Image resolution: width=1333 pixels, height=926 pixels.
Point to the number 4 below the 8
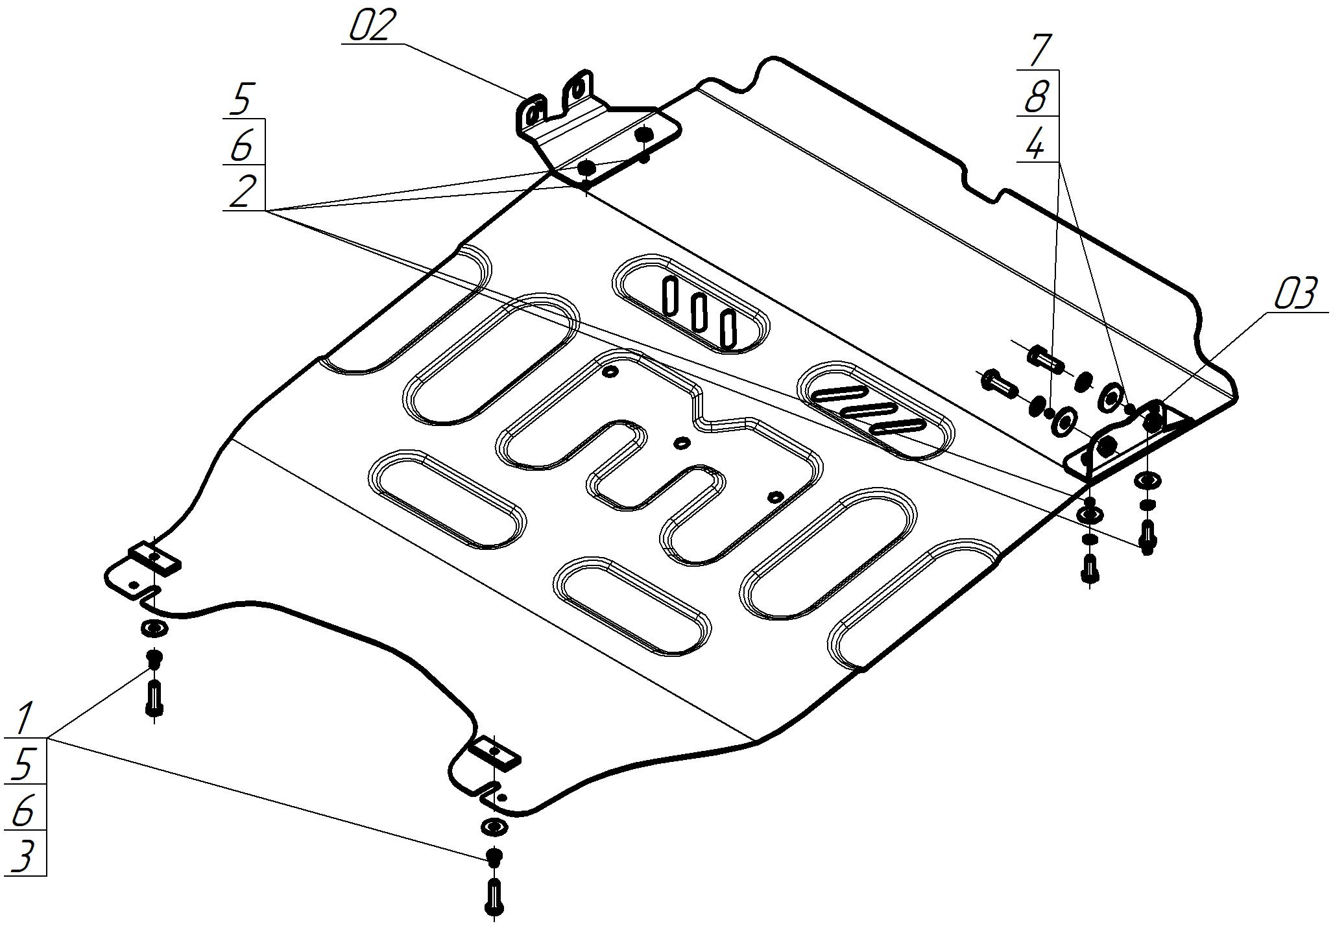[x=1036, y=143]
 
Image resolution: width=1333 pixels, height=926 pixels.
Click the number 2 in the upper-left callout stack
[x=242, y=191]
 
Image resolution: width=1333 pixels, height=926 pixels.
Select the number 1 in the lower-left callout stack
[x=25, y=718]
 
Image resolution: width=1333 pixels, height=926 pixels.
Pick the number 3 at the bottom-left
[x=23, y=857]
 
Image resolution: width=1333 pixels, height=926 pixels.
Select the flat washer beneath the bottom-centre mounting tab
[x=494, y=827]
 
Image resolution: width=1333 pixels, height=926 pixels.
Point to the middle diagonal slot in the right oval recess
[x=869, y=410]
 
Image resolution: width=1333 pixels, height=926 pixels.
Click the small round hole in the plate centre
[x=682, y=442]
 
